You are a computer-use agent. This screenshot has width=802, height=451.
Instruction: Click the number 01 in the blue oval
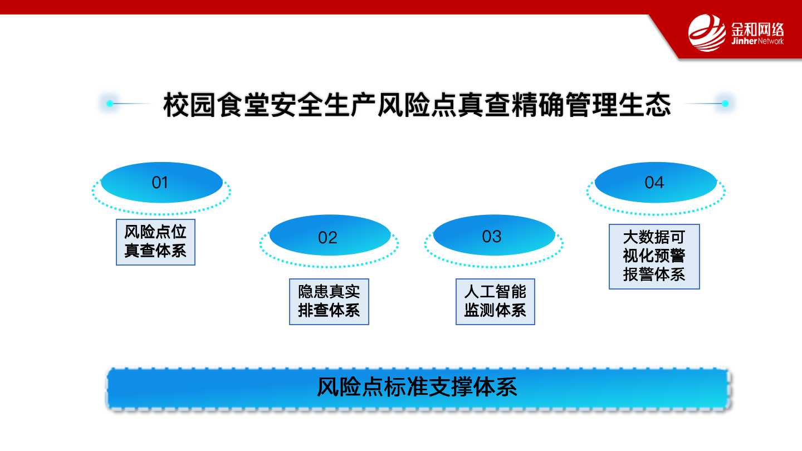(x=160, y=183)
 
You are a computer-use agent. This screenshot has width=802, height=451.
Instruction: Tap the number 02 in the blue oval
(x=327, y=238)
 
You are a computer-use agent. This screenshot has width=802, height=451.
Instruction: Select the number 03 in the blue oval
(x=492, y=237)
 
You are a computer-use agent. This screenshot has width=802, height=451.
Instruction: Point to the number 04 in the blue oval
(x=654, y=183)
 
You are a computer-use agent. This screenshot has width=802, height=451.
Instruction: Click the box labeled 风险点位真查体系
(x=155, y=242)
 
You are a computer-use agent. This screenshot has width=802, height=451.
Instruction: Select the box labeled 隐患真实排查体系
(x=329, y=302)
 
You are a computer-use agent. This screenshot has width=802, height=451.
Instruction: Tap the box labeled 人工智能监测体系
(x=495, y=302)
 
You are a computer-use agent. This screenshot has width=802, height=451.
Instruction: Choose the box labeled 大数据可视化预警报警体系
(x=654, y=257)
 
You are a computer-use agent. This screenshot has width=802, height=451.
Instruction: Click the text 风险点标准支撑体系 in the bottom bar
(x=417, y=387)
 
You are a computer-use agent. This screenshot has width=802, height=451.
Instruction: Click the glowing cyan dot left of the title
(x=110, y=104)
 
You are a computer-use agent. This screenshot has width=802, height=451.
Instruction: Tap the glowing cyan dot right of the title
(x=725, y=104)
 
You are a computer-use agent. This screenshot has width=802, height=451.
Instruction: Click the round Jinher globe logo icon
(x=707, y=32)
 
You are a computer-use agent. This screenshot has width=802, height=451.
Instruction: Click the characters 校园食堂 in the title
(x=216, y=105)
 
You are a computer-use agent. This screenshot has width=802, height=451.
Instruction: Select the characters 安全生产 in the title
(x=323, y=105)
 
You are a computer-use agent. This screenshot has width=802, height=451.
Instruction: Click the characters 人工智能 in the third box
(x=495, y=292)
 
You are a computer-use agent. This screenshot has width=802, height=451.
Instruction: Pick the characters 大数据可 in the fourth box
(x=654, y=237)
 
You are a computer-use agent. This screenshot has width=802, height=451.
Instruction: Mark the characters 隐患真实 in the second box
(x=329, y=292)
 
